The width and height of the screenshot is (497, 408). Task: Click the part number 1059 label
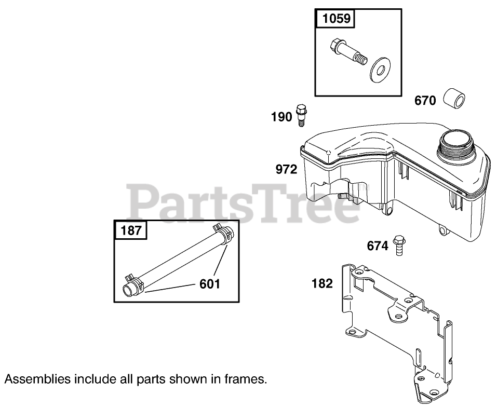point(337,20)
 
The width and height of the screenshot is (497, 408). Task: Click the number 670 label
point(425,100)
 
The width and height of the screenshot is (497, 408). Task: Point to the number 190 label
point(281,117)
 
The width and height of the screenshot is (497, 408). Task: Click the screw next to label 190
point(301,115)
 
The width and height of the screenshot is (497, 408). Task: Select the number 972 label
point(287,170)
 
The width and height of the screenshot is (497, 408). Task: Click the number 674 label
point(377,246)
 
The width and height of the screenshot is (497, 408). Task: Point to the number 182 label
point(322,283)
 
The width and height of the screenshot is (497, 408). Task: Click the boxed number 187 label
point(131,230)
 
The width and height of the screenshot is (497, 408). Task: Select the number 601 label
point(210,283)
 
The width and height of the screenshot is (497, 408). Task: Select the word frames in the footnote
point(247,379)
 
